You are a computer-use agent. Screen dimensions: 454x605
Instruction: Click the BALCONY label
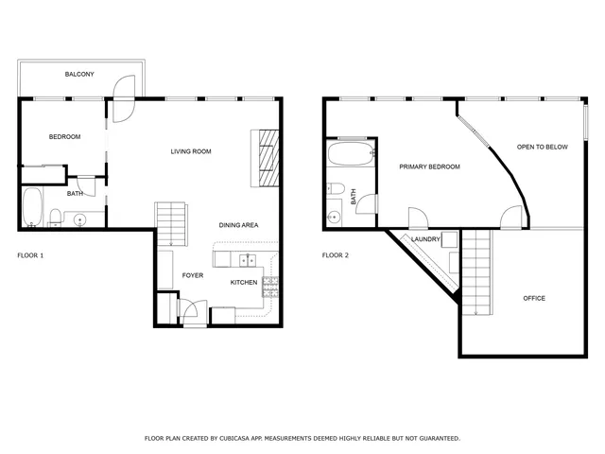click(x=78, y=75)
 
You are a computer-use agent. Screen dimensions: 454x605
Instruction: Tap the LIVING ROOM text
click(x=190, y=151)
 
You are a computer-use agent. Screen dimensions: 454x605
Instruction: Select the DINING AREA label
click(x=238, y=225)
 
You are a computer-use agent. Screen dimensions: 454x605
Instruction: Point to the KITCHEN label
click(x=244, y=283)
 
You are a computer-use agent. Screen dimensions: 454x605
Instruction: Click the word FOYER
click(x=194, y=275)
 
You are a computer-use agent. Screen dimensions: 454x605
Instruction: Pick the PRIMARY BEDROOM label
click(x=429, y=166)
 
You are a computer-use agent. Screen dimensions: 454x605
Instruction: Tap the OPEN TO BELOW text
click(x=542, y=148)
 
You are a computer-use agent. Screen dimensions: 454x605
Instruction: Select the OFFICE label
click(x=534, y=299)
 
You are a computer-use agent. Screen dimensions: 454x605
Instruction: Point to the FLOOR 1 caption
click(x=30, y=255)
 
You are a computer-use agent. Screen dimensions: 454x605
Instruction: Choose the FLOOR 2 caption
click(x=336, y=255)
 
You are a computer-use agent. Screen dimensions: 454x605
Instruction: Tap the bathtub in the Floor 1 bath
click(x=31, y=208)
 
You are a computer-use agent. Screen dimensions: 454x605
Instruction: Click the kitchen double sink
click(x=247, y=260)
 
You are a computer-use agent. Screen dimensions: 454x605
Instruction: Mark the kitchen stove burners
click(x=270, y=282)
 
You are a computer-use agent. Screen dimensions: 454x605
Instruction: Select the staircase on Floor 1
click(x=170, y=224)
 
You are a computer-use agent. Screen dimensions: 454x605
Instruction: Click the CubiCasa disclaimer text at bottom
click(x=302, y=439)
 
